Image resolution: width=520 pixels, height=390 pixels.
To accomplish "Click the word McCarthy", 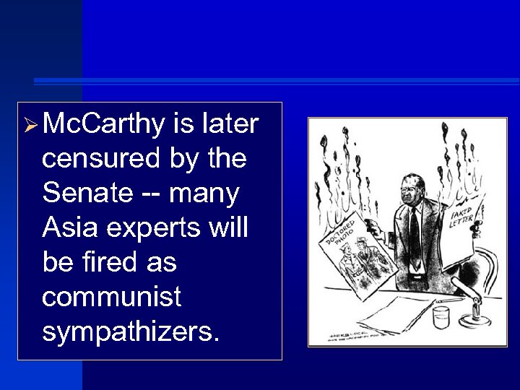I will pyautogui.click(x=103, y=125).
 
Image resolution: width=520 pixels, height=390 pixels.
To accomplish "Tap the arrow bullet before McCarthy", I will pyautogui.click(x=30, y=127).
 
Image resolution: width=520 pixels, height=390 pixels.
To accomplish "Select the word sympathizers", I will pyautogui.click(x=129, y=331).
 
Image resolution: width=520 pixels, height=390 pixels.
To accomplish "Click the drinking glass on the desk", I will pyautogui.click(x=441, y=317).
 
